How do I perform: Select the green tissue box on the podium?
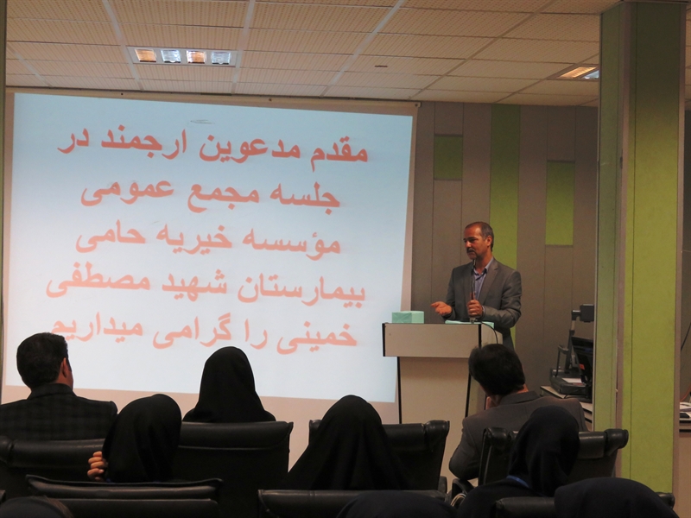pyautogui.click(x=408, y=317)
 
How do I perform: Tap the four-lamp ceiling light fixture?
pyautogui.click(x=183, y=56)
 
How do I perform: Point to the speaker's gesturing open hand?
pyautogui.click(x=441, y=308)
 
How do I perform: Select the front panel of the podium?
pyautogui.click(x=431, y=339)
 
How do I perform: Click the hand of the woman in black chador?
pyautogui.click(x=97, y=467)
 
